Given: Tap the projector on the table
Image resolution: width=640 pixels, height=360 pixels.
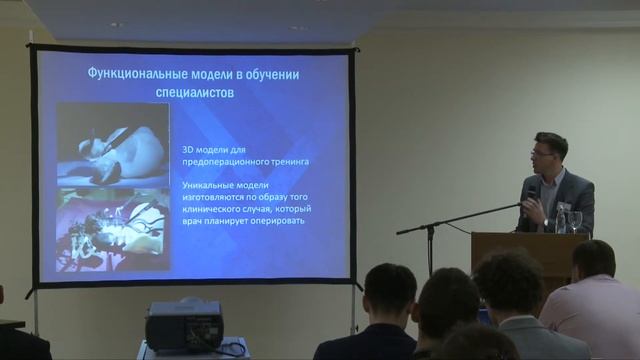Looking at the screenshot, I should click(184, 325).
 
